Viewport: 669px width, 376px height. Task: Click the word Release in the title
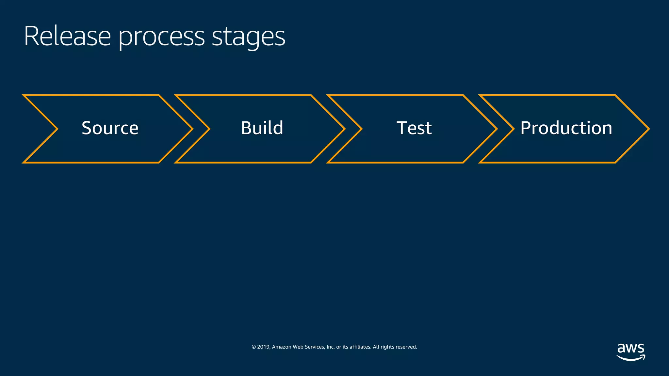[x=67, y=36]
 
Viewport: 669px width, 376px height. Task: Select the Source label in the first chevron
[x=110, y=128]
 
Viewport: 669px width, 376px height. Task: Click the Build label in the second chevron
[x=262, y=128]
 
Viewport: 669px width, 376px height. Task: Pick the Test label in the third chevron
[x=414, y=128]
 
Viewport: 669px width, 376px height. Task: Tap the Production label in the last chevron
[x=566, y=128]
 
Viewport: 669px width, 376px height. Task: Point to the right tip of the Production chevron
[x=648, y=129]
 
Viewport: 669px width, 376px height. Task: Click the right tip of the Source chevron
[x=192, y=129]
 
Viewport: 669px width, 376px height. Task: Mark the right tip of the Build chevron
[x=344, y=129]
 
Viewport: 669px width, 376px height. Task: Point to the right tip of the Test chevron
[x=497, y=129]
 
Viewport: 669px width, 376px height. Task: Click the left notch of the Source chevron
[x=57, y=129]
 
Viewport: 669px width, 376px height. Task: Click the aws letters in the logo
[x=630, y=348]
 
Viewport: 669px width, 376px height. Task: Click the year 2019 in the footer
[x=264, y=347]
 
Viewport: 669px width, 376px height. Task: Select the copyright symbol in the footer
[x=253, y=347]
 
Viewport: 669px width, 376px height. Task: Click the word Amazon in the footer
[x=281, y=347]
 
